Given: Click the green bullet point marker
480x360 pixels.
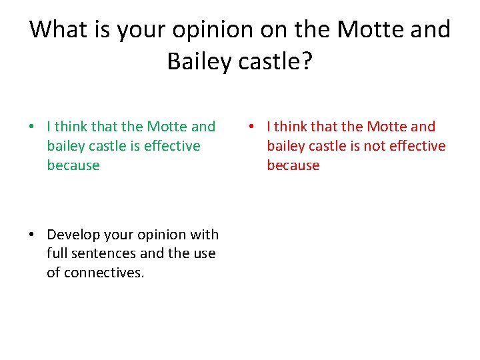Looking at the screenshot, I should click(31, 127).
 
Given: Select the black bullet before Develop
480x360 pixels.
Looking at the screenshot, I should click(31, 235).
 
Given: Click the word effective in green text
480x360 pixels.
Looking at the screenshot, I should click(171, 146).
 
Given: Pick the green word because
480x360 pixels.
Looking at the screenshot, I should click(73, 165).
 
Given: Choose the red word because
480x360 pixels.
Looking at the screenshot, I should click(293, 165).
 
